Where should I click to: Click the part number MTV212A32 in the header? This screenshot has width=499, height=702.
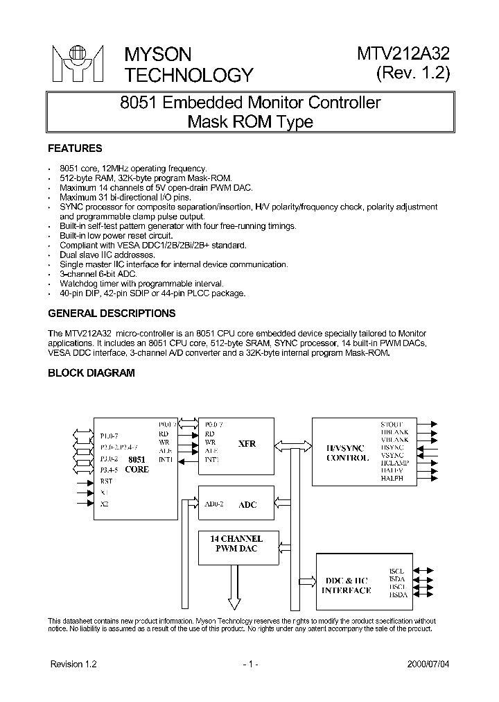tap(403, 54)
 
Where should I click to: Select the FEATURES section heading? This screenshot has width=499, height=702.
tap(74, 148)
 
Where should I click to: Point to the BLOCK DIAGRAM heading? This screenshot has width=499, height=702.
tap(91, 373)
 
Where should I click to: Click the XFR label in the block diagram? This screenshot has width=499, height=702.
tap(247, 444)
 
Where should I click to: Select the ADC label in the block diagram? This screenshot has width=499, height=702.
tap(247, 505)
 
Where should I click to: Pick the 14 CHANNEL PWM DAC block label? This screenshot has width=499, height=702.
tap(236, 545)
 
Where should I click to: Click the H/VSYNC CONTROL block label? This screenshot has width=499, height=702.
tap(347, 453)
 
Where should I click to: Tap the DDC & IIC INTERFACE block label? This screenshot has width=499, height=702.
tap(347, 585)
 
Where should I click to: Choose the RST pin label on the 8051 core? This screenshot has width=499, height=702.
tap(106, 480)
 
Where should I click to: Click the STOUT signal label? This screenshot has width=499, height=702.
tap(392, 424)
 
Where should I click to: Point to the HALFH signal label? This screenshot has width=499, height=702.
tap(392, 479)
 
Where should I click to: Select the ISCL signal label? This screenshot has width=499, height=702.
tap(396, 570)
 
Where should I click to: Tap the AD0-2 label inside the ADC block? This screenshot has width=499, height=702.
tap(213, 504)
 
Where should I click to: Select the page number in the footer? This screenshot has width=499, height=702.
tap(250, 664)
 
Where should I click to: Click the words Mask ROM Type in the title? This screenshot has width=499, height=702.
tap(250, 122)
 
